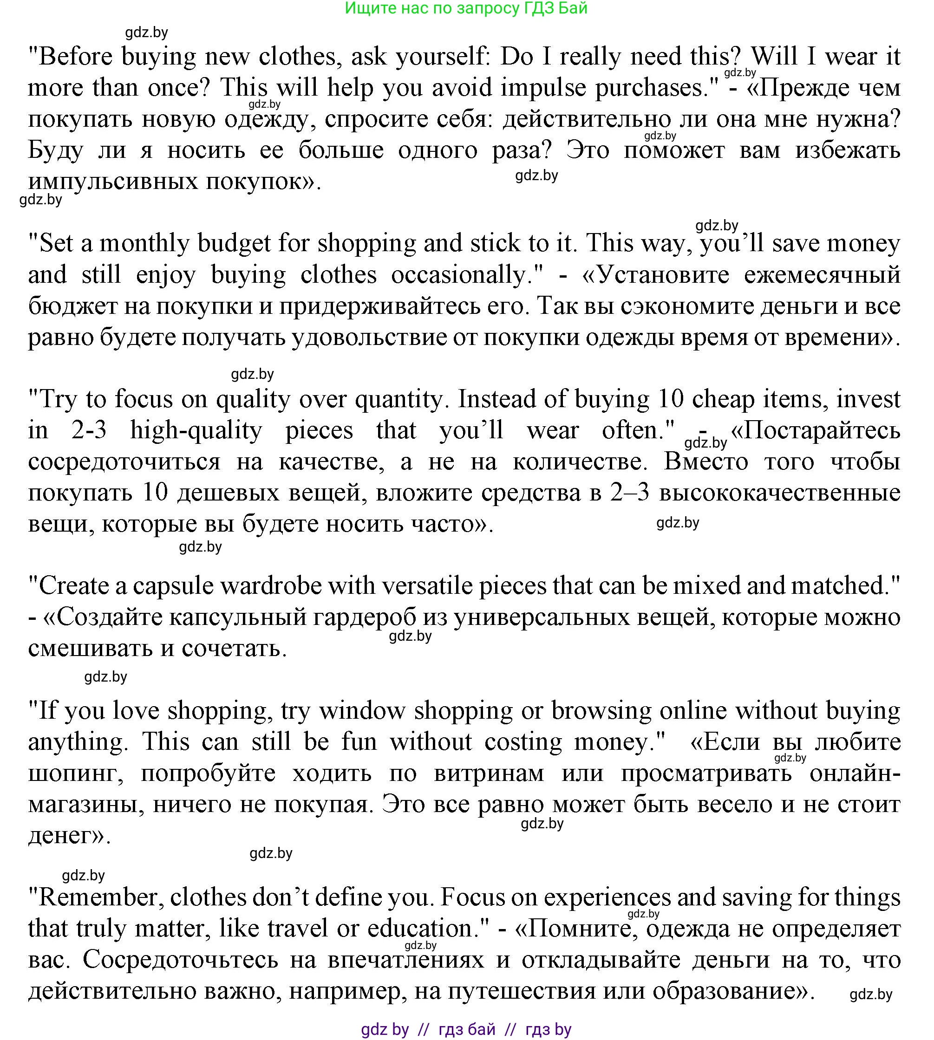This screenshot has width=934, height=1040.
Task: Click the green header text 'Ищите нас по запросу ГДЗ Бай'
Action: point(466,9)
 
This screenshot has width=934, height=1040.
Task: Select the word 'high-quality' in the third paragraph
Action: point(196,430)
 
